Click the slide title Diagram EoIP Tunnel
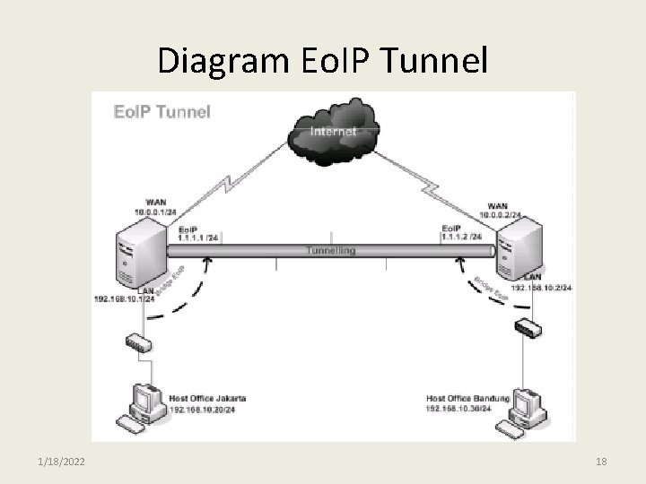(323, 60)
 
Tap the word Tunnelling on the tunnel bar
(330, 250)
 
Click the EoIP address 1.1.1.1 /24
(198, 238)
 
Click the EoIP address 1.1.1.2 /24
(462, 238)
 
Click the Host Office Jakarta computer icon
(144, 405)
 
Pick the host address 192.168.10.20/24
(205, 409)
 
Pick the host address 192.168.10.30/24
(459, 409)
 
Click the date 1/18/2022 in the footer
(63, 462)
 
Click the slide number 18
(601, 462)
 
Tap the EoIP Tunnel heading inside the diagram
(161, 112)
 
